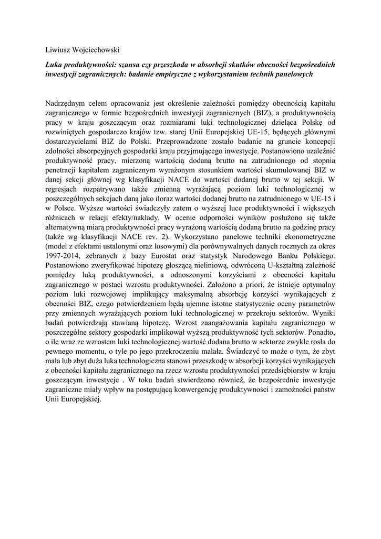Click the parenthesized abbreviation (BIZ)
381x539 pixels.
pyautogui.click(x=268, y=113)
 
